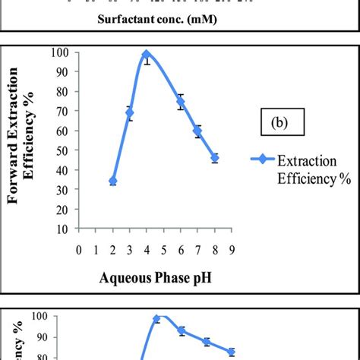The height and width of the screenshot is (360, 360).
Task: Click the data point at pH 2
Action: pyautogui.click(x=113, y=182)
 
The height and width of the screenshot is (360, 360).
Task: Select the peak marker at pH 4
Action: pyautogui.click(x=147, y=54)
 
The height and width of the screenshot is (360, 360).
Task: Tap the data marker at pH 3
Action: pyautogui.click(x=130, y=113)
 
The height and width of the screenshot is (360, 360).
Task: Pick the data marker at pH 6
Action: pyautogui.click(x=181, y=102)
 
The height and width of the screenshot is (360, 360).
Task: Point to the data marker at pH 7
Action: pyautogui.click(x=197, y=131)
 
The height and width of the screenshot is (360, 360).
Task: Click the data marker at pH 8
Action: pyautogui.click(x=214, y=158)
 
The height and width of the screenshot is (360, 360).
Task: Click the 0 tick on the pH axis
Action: pyautogui.click(x=79, y=248)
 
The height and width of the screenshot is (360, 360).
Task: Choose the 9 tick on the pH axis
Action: pyautogui.click(x=231, y=248)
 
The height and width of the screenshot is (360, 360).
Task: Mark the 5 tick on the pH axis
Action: pyautogui.click(x=163, y=248)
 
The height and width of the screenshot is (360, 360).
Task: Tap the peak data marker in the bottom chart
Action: pyautogui.click(x=157, y=319)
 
